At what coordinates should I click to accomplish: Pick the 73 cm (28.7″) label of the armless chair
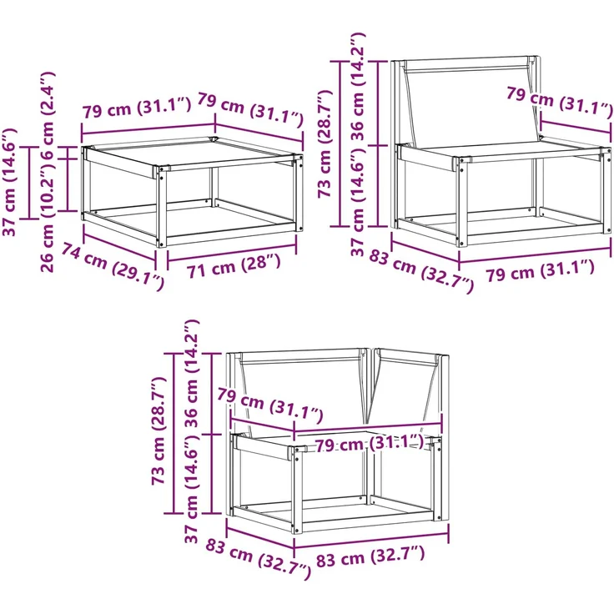coord(325,143)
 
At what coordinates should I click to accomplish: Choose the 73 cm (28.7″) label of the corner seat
coord(160,431)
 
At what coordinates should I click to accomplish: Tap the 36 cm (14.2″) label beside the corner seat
coord(192,374)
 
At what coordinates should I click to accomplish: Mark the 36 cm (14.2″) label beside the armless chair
coord(358,87)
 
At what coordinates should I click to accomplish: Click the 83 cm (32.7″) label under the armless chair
coord(422,271)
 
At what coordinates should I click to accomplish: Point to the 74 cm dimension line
coord(120,246)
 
